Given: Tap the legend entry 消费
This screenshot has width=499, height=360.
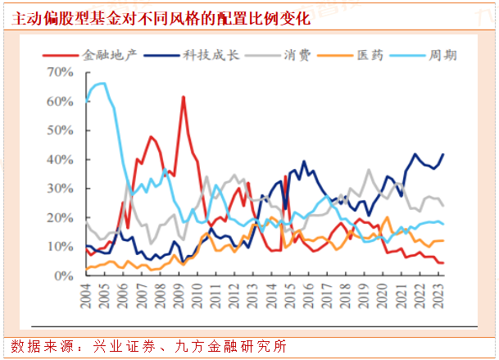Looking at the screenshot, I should tap(295, 55).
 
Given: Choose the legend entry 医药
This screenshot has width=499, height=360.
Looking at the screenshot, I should tap(368, 55).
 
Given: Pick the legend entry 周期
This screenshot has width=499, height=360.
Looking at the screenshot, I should tap(442, 55).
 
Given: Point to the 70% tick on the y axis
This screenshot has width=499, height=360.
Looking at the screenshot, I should tap(62, 73).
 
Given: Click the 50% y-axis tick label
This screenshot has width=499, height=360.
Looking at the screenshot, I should tap(62, 130).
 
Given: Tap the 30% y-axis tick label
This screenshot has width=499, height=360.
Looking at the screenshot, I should tap(62, 189).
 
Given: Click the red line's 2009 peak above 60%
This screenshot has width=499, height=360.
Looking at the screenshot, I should tap(183, 97).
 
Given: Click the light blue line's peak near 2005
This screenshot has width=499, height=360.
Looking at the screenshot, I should tap(102, 83).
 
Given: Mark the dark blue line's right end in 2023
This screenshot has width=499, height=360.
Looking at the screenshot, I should tap(444, 154).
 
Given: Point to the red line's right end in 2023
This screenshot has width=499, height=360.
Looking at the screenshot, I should tap(444, 262).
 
